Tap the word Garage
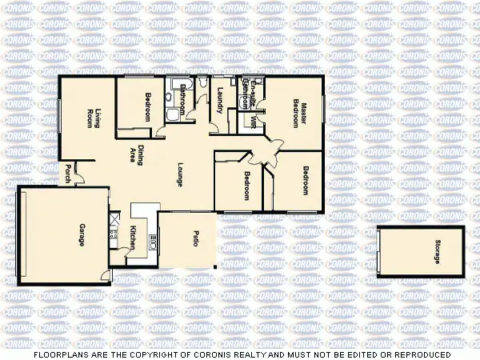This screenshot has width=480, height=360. tap(82, 234)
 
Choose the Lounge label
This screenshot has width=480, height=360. tap(181, 175)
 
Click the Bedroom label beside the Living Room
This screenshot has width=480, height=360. tap(149, 108)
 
